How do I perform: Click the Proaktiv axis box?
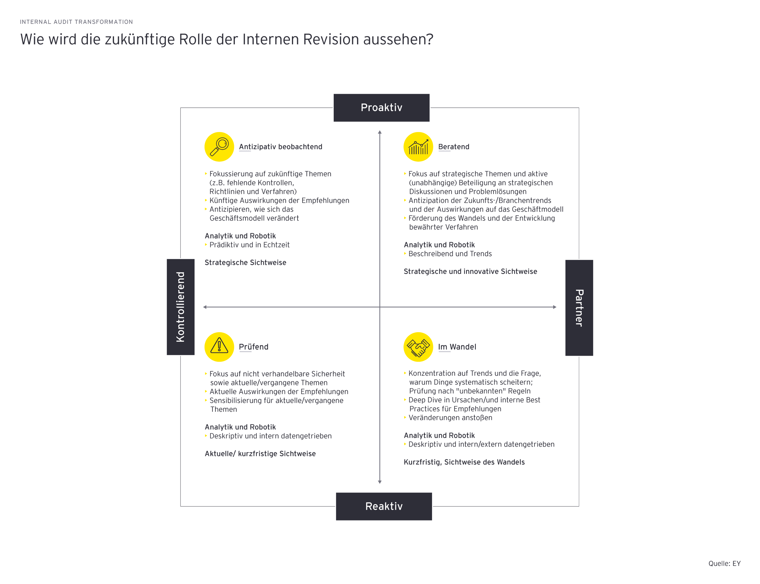coord(381,107)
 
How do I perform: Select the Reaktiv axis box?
coord(384,506)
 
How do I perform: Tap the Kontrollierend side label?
coord(180,307)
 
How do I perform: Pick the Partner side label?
coord(579,308)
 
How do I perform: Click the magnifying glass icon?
coord(219,147)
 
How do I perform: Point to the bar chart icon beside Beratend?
coord(418,147)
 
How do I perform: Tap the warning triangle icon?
coord(219,347)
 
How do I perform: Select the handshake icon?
coord(418,347)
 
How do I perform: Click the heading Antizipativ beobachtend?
coord(281,147)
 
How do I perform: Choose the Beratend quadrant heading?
coord(453,147)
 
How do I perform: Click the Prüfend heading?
coord(253,347)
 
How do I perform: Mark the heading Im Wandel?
coord(457,347)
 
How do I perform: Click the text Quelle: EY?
coord(724,563)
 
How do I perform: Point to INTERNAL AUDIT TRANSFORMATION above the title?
coord(76,22)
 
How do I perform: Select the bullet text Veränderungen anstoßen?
coord(450,417)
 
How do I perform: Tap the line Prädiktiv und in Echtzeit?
coord(249,245)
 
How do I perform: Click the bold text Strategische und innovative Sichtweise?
coord(470,271)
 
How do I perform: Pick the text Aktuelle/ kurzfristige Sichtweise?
coord(260,454)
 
